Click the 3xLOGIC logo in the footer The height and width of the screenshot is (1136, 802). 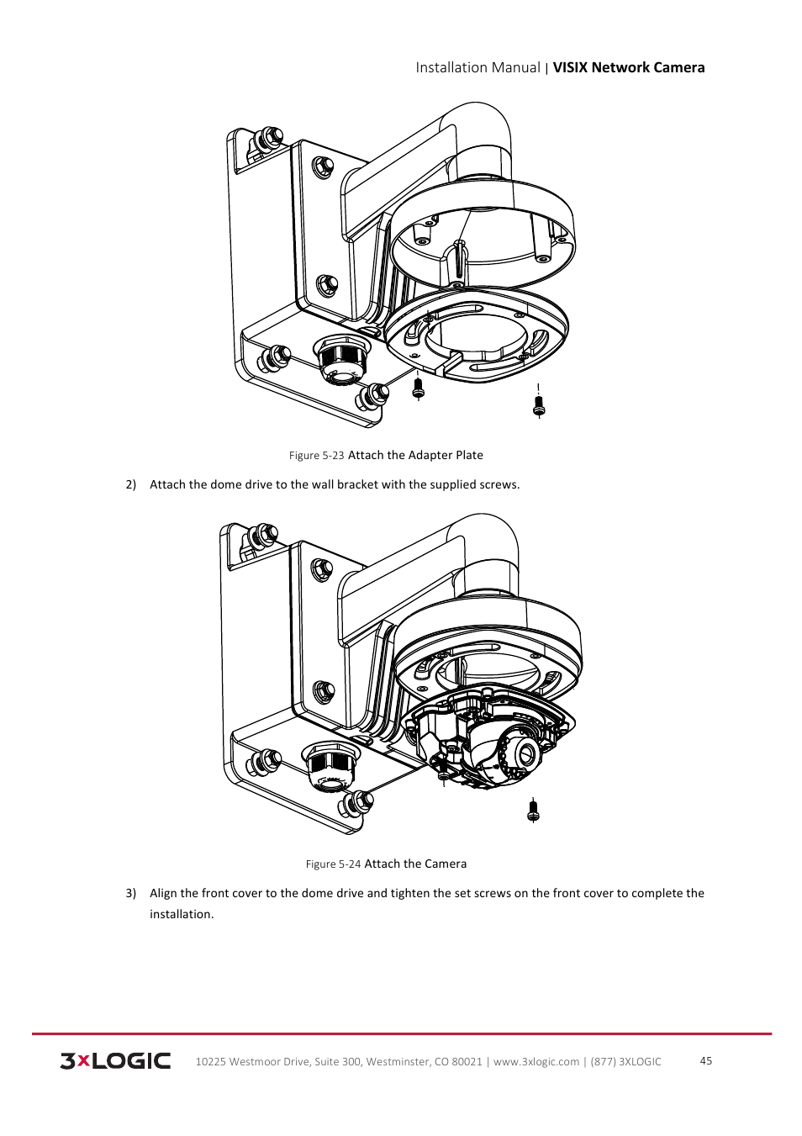(115, 1060)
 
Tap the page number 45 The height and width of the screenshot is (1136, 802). (705, 1060)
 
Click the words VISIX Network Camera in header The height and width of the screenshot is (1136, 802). (628, 68)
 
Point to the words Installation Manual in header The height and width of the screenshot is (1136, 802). (478, 68)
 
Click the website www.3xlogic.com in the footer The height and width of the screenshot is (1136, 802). (536, 1061)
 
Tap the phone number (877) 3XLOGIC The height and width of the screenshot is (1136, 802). (625, 1061)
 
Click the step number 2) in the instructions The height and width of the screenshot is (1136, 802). (131, 484)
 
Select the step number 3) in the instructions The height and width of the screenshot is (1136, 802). (131, 893)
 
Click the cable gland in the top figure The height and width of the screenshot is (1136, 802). (341, 360)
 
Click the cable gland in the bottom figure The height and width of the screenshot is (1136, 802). (329, 767)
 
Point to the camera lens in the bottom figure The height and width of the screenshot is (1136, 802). (526, 753)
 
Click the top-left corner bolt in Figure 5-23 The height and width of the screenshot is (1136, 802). (269, 137)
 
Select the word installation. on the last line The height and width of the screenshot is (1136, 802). (182, 914)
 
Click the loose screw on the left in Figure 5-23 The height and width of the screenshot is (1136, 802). (419, 388)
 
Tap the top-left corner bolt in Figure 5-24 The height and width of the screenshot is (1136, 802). (264, 535)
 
